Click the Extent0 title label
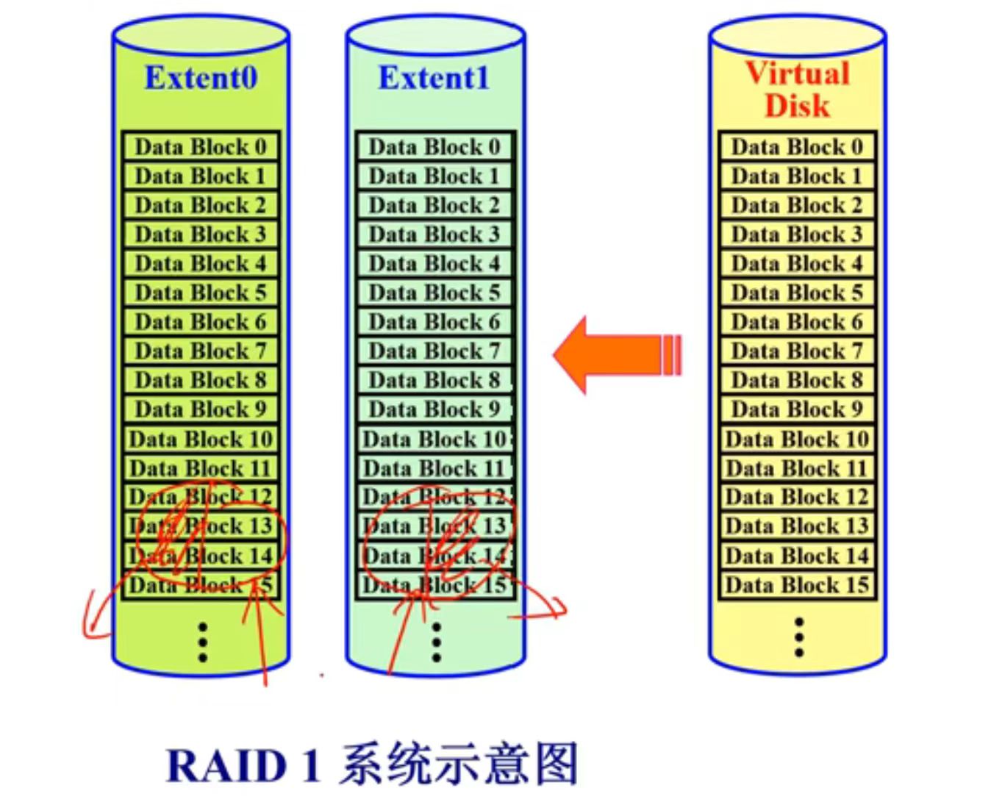point(201,78)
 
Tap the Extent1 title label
point(434,78)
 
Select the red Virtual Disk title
point(798,89)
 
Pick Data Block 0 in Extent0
point(201,147)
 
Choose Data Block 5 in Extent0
point(201,293)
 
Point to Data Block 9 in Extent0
point(201,409)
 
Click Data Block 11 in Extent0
point(201,468)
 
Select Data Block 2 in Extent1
point(434,205)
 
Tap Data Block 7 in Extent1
point(434,351)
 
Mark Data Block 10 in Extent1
point(434,440)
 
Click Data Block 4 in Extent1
point(434,263)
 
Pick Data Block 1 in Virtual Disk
point(797,176)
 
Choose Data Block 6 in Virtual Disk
point(797,322)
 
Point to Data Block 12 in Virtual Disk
point(797,498)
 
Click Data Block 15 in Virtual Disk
point(797,585)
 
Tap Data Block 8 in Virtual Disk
point(797,380)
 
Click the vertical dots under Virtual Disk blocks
point(799,637)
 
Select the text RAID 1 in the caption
point(243,766)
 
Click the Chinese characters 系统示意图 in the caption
point(459,764)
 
